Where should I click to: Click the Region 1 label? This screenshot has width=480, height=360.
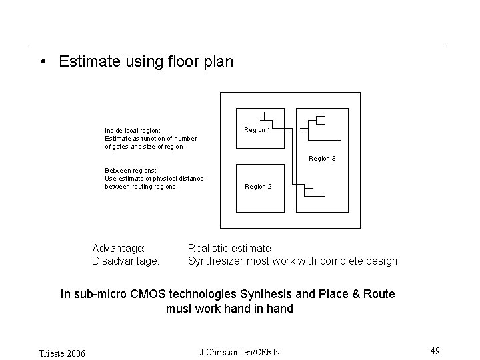coord(257,130)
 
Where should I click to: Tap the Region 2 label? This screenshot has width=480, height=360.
coord(258,187)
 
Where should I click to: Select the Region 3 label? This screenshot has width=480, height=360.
coord(322,159)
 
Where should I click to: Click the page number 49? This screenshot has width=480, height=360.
coord(435,351)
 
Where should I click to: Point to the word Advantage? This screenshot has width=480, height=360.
coord(119,249)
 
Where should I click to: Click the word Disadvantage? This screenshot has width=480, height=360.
coord(125,261)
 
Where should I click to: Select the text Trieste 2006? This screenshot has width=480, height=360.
coord(61,353)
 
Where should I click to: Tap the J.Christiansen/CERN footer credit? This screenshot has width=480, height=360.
coord(240,352)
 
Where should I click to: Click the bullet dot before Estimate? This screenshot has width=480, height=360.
coord(42,63)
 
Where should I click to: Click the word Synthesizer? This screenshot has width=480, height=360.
coord(216,261)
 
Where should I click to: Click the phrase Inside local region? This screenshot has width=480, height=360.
coord(132,131)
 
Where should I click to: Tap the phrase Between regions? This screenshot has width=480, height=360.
coord(131,171)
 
